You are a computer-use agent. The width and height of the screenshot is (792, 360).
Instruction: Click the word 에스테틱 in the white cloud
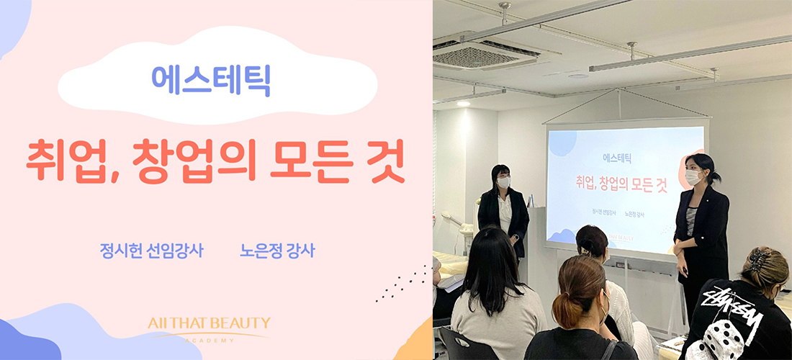(x=211, y=81)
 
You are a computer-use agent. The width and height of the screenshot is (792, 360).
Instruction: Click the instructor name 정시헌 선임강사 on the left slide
(x=151, y=251)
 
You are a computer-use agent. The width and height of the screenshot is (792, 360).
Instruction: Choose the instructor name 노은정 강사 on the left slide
(x=276, y=251)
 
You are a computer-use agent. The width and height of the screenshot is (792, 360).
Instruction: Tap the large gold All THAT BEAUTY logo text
(x=209, y=323)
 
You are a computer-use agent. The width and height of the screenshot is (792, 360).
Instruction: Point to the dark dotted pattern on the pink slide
(x=402, y=284)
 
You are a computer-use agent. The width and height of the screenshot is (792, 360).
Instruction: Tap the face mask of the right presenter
(x=693, y=177)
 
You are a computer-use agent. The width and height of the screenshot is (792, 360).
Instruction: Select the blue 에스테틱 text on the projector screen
(x=617, y=158)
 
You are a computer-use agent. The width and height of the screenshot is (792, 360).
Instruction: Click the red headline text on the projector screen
(x=621, y=184)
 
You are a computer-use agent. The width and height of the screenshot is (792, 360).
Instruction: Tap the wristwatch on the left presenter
(x=515, y=236)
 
